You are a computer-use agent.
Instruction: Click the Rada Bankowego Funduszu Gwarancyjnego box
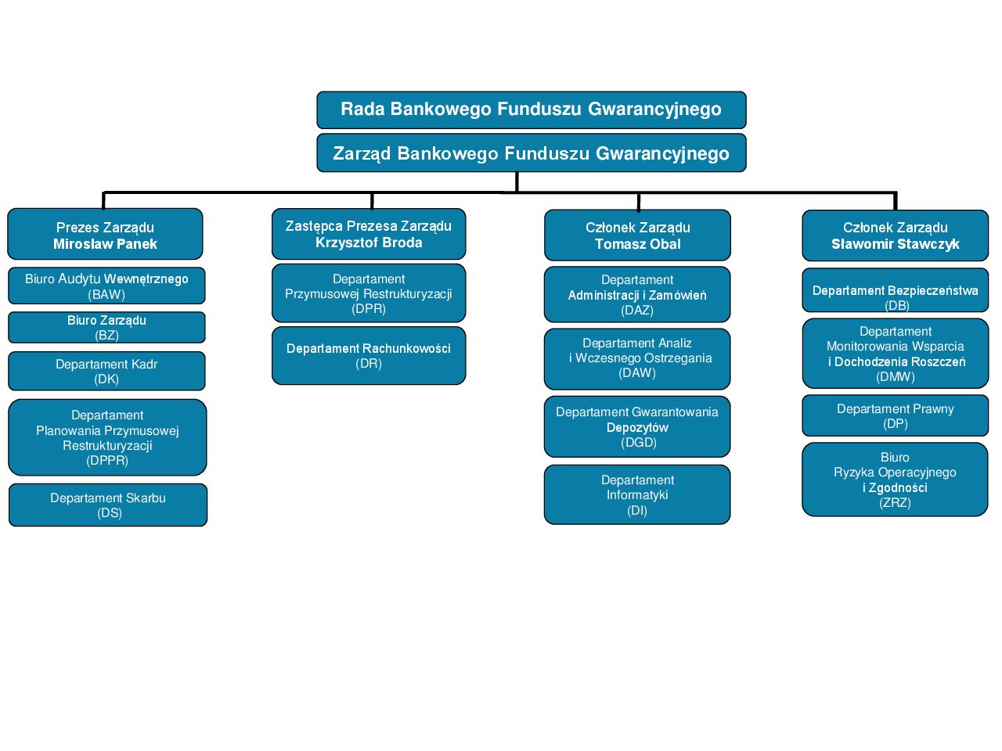pos(531,110)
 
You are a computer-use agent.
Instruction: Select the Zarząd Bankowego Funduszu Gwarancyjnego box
pos(531,153)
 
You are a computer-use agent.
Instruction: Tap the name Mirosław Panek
pos(105,244)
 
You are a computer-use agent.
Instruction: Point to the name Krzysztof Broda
pos(369,243)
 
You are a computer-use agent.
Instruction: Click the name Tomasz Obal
pos(637,244)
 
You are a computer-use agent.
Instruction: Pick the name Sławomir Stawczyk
pos(895,244)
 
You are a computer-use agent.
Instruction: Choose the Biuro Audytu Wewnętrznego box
pos(106,286)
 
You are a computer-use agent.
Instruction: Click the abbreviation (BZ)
pos(106,336)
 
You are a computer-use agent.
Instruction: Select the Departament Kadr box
pos(106,371)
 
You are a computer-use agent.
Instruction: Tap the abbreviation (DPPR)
pos(107,461)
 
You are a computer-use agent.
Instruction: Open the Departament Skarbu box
pos(108,505)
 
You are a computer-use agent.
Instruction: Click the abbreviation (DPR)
pos(369,309)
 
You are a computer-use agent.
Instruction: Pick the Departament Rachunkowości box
pos(369,355)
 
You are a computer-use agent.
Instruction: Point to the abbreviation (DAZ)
pos(637,311)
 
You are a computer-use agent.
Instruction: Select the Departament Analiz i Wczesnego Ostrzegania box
pos(637,358)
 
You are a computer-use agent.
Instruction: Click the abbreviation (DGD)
pos(637,443)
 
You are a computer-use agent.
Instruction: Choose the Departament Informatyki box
pos(637,494)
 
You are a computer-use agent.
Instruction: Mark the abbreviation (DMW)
pos(896,377)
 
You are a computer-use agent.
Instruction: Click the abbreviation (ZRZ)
pos(895,503)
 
